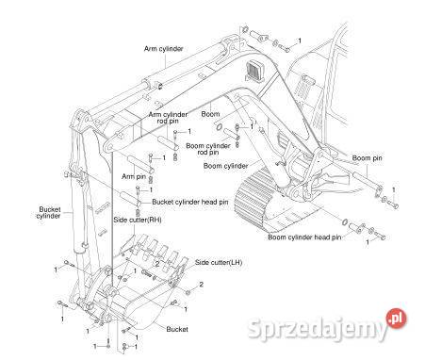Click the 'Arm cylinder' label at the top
point(163,49)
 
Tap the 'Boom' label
point(210,114)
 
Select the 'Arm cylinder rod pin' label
point(168,118)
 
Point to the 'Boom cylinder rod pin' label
point(208,149)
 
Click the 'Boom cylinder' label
point(226,166)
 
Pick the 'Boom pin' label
point(367,158)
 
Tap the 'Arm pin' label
point(134,176)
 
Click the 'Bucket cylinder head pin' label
point(190,202)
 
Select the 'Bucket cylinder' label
point(48,213)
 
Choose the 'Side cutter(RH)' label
point(138,220)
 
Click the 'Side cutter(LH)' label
point(219,262)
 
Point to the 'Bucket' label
point(177,329)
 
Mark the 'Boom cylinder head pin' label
point(304,237)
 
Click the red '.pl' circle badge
point(396,319)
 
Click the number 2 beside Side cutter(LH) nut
point(202,285)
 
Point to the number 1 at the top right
point(300,41)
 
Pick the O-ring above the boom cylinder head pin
point(344,221)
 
